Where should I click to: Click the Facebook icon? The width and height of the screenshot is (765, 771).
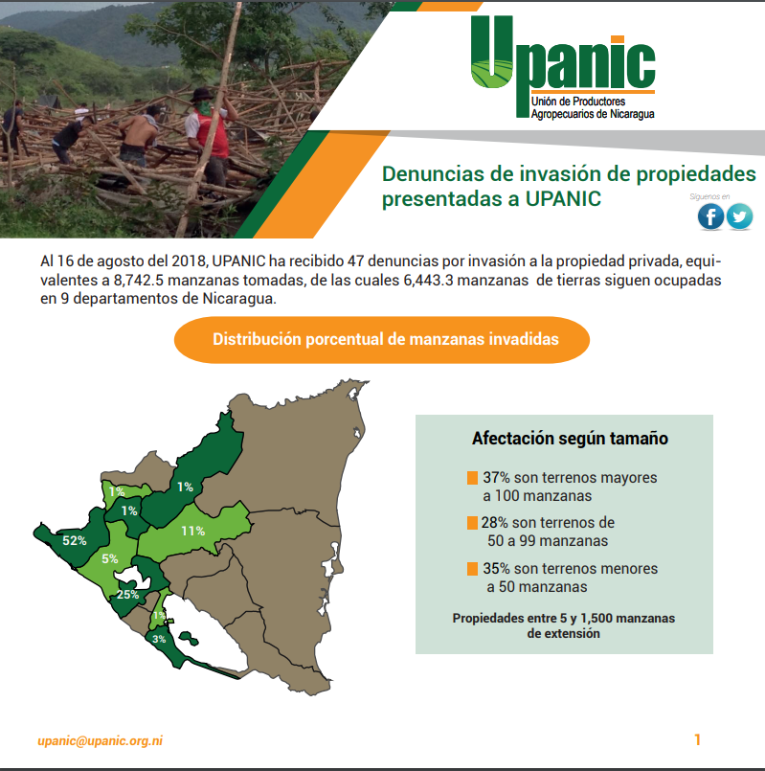tap(711, 216)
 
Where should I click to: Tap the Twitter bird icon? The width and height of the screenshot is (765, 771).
tap(739, 216)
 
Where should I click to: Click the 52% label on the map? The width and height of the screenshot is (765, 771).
tap(75, 541)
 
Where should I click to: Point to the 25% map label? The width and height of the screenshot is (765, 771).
tap(128, 595)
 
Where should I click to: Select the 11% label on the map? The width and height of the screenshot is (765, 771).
tap(193, 531)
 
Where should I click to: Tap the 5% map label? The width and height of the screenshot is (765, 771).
tap(110, 559)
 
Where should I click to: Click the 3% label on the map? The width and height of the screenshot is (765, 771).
tap(159, 639)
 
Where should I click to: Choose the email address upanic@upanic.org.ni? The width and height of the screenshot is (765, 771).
tap(100, 741)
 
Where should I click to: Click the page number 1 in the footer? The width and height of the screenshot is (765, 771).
tap(697, 739)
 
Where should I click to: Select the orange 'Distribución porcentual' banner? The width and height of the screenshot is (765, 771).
tap(382, 340)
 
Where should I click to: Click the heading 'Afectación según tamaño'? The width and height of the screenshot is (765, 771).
tap(570, 439)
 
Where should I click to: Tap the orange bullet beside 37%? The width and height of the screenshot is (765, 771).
tap(472, 478)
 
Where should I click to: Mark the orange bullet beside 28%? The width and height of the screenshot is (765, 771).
tap(472, 523)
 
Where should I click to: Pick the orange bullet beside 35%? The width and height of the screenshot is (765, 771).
tap(472, 569)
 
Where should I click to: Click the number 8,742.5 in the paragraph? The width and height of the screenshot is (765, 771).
tap(139, 281)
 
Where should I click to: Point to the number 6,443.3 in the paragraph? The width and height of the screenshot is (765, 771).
tap(429, 281)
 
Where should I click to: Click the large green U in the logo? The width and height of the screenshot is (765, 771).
tap(491, 52)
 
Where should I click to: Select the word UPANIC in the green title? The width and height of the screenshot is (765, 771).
tap(563, 199)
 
